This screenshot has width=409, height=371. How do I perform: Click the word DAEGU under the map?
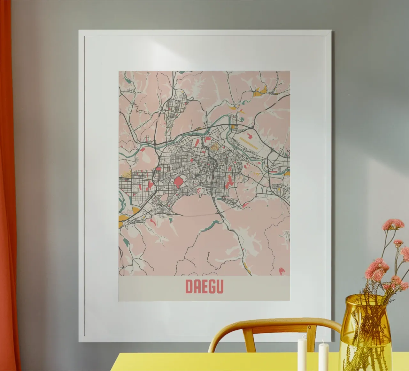pyautogui.click(x=204, y=287)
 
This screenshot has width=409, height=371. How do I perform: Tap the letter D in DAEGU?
pyautogui.click(x=189, y=287)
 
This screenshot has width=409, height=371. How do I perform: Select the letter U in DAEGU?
pyautogui.click(x=220, y=287)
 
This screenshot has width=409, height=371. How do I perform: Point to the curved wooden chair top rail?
pyautogui.click(x=272, y=323)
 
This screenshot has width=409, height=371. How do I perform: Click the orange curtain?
pyautogui.click(x=8, y=192)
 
